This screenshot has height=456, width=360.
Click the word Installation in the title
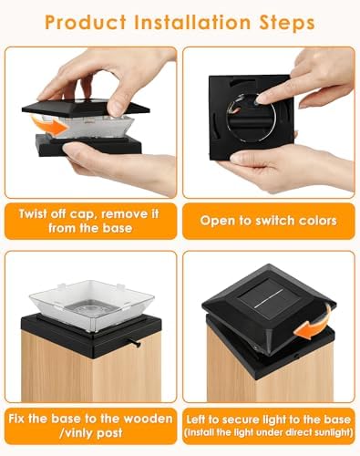(x=193, y=22)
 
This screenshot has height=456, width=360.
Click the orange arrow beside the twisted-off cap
(x=50, y=126)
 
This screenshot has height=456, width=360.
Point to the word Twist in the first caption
(x=33, y=213)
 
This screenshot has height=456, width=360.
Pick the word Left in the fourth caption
(x=196, y=420)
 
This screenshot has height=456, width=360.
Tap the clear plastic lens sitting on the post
(x=92, y=305)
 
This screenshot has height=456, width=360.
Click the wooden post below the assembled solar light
(x=270, y=374)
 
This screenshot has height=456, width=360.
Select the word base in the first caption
(x=118, y=228)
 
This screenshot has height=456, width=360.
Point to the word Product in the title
(x=86, y=22)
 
